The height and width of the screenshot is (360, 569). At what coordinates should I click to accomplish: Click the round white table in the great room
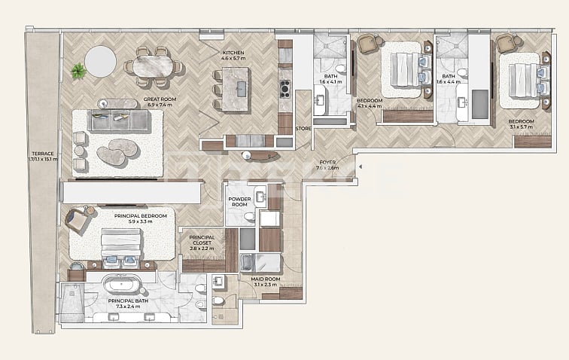[x=100, y=61]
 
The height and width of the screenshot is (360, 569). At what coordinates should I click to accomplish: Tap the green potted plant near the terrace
[x=78, y=72]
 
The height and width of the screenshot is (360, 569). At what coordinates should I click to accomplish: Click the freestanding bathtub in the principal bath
[x=121, y=285]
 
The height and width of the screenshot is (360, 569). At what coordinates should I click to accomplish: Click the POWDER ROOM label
[x=239, y=200]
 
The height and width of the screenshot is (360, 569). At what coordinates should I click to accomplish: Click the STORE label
[x=303, y=129]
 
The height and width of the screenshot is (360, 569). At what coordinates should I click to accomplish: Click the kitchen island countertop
[x=235, y=89]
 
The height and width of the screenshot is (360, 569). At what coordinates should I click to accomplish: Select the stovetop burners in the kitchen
[x=285, y=89]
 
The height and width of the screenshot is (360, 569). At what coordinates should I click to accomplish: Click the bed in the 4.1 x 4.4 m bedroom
[x=403, y=70]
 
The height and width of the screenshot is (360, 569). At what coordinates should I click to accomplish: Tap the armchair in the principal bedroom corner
[x=76, y=220]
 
